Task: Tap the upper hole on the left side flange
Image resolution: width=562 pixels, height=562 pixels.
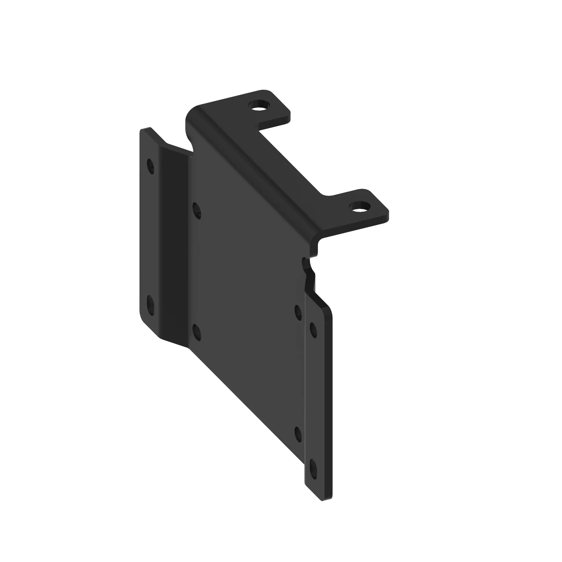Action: point(150,166)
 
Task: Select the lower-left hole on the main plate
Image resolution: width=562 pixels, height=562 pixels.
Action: point(197,332)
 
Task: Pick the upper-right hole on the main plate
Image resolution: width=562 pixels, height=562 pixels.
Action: point(298,312)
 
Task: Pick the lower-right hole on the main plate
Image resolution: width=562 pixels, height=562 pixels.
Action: point(298,435)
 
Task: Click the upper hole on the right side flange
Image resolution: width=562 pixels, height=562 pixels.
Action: point(313,330)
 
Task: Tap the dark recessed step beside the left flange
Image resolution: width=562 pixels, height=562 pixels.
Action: point(175,247)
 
